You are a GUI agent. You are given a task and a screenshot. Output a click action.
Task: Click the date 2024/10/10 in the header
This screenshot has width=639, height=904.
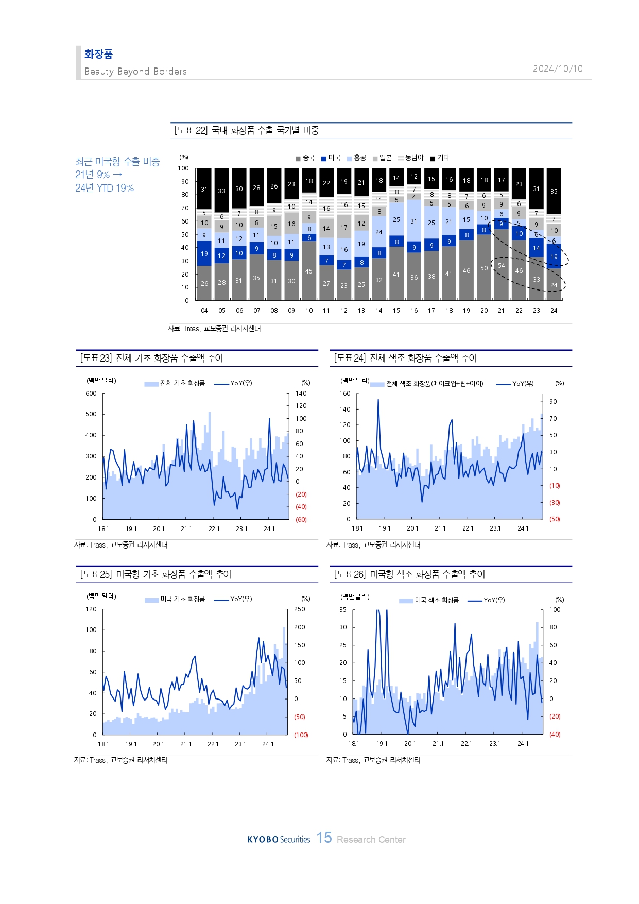558,69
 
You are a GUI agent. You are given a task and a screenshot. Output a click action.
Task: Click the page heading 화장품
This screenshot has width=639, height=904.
98,54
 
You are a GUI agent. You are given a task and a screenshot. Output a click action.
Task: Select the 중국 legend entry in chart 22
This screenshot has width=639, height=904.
305,158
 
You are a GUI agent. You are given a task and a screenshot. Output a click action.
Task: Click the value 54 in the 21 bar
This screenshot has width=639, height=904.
502,266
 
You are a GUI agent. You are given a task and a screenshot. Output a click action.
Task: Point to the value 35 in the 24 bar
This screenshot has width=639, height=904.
554,191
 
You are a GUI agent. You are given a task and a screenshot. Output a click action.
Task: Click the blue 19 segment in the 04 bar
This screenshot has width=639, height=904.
204,253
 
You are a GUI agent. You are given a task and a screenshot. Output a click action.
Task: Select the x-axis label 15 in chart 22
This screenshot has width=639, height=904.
396,311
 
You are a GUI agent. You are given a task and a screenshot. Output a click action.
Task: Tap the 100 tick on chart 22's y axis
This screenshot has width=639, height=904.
183,168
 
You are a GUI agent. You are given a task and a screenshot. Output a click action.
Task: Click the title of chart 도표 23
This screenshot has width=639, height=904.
151,358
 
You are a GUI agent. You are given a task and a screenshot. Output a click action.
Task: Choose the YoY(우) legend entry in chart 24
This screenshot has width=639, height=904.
515,384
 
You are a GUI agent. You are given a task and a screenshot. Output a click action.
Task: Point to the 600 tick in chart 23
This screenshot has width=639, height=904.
91,394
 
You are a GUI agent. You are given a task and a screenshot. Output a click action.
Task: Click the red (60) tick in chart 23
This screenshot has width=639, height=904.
301,519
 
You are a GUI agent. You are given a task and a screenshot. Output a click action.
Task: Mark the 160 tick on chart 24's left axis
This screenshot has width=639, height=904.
345,394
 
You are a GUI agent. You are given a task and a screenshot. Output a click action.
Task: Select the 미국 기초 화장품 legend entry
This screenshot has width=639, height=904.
176,599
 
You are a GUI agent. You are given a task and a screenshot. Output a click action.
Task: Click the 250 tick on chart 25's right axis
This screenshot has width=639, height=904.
300,609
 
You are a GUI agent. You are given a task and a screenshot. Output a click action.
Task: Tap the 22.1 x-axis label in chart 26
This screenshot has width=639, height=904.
467,744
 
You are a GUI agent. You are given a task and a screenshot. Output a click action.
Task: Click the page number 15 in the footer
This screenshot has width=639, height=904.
324,838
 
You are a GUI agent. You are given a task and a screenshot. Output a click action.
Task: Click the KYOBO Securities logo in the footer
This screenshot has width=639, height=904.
279,840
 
